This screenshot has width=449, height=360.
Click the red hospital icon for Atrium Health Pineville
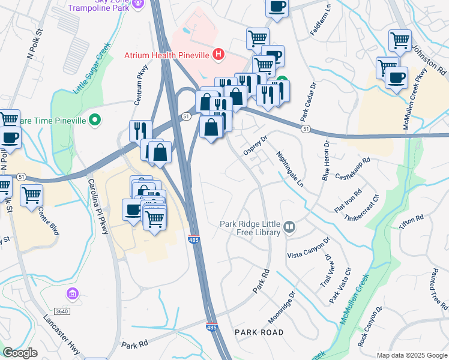[x=218, y=55]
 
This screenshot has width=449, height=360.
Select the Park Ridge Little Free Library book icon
[x=290, y=226]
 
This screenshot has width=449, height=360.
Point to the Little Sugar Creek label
[x=92, y=67]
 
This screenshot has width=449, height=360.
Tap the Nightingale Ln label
[x=291, y=169]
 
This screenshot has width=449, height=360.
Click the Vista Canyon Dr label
[x=309, y=247]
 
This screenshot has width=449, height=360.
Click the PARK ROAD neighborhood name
[x=259, y=332]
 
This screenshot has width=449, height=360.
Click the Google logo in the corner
[x=20, y=353]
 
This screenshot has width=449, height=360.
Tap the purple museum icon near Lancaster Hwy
[x=73, y=294]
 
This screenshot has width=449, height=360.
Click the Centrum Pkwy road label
[x=140, y=90]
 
